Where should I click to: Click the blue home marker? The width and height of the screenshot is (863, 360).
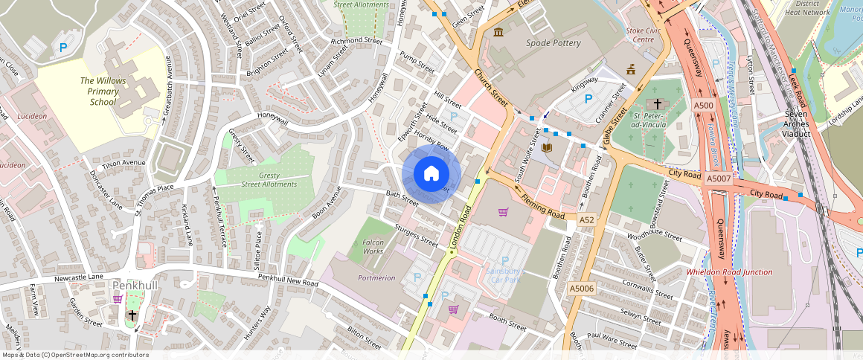pyautogui.click(x=431, y=174)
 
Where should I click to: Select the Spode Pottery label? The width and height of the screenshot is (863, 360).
pyautogui.click(x=553, y=43)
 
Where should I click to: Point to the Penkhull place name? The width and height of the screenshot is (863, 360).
pyautogui.click(x=134, y=285)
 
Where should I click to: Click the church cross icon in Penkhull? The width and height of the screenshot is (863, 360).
pyautogui.click(x=132, y=315)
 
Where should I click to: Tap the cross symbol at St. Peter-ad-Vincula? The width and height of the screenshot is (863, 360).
pyautogui.click(x=657, y=103)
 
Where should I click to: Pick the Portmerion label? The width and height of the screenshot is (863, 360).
pyautogui.click(x=376, y=277)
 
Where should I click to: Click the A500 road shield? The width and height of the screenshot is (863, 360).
pyautogui.click(x=703, y=106)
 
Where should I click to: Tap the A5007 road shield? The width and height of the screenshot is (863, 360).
pyautogui.click(x=719, y=179)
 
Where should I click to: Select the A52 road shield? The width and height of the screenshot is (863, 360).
pyautogui.click(x=587, y=219)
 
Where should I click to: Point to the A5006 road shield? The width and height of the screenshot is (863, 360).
pyautogui.click(x=581, y=289)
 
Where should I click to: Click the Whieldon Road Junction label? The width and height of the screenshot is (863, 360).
pyautogui.click(x=729, y=272)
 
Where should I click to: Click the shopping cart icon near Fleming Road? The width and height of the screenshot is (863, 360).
pyautogui.click(x=503, y=212)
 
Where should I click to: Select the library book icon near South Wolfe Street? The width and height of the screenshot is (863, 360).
pyautogui.click(x=548, y=148)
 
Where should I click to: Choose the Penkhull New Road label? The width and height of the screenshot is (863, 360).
pyautogui.click(x=288, y=280)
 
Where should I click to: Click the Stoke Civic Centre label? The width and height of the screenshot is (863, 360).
pyautogui.click(x=644, y=35)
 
